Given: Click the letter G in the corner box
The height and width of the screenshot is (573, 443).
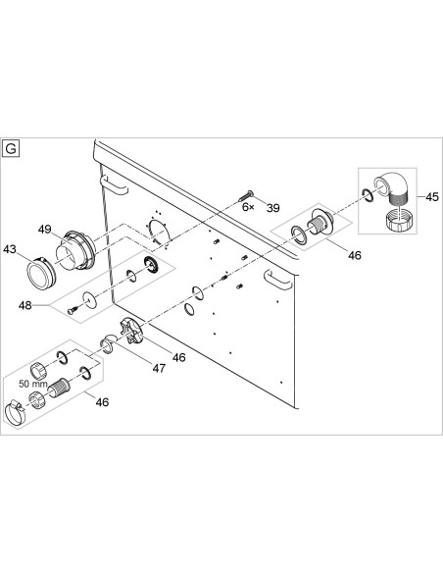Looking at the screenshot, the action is [x=11, y=149].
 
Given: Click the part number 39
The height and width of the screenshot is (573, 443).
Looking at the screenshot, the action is [x=272, y=208].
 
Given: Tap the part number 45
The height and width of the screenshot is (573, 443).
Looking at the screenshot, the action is [x=432, y=197].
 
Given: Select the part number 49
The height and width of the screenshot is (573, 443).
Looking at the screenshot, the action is [x=44, y=230].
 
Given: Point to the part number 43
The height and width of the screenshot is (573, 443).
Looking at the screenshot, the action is [x=10, y=249].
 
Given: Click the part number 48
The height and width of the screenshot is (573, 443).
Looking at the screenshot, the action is [x=25, y=305].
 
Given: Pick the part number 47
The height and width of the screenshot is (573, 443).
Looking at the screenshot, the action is [x=159, y=368].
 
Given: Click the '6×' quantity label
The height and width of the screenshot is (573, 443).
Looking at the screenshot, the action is [x=249, y=207].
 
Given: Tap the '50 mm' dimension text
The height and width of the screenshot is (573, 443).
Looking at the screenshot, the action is [x=33, y=384].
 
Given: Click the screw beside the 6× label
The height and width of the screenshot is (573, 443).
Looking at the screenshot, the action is [x=246, y=195].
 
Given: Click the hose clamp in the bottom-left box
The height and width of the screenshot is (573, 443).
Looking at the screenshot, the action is [x=16, y=413].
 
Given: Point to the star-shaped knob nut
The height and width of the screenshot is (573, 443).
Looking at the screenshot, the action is [x=130, y=331].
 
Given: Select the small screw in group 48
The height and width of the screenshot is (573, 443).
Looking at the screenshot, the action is [x=73, y=311].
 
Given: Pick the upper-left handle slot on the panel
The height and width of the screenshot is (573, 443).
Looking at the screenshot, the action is [x=115, y=184].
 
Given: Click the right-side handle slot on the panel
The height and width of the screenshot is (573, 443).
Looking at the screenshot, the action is [x=278, y=280].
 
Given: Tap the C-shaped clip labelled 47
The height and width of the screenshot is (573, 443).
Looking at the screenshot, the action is [x=108, y=344].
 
